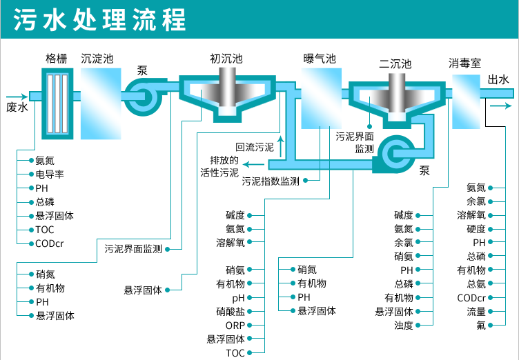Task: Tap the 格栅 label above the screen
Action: click(x=57, y=59)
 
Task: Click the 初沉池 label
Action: click(x=226, y=59)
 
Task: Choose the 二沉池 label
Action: click(x=395, y=63)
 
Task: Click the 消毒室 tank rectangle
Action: click(x=465, y=101)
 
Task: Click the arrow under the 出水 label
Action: click(x=500, y=106)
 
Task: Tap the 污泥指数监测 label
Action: click(x=271, y=181)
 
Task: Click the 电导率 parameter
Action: click(x=50, y=174)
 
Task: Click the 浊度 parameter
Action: click(x=404, y=326)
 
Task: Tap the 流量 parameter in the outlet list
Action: click(x=476, y=312)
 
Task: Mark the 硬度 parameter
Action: click(x=476, y=229)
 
